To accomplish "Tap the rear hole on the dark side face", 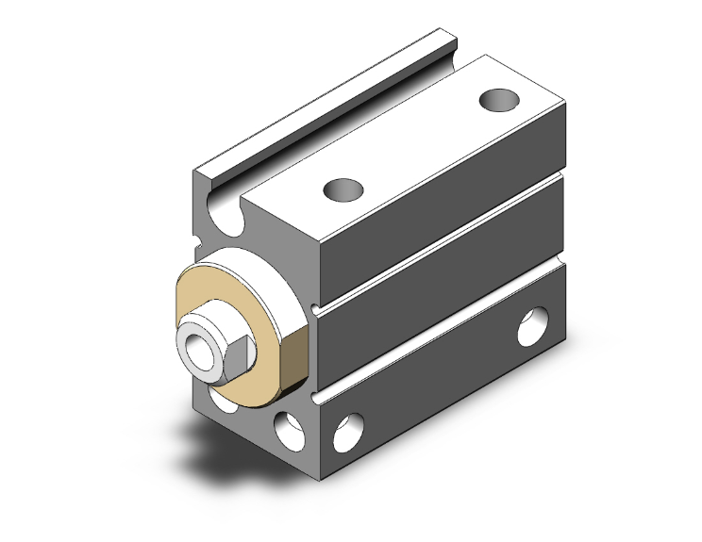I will point(534,327).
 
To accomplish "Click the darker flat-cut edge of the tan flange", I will point(295,362).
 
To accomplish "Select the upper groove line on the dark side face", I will point(443,243).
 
